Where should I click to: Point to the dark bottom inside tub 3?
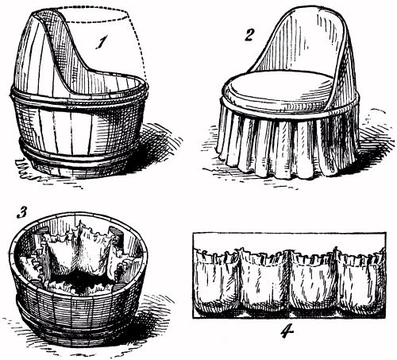tap(79, 281)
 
